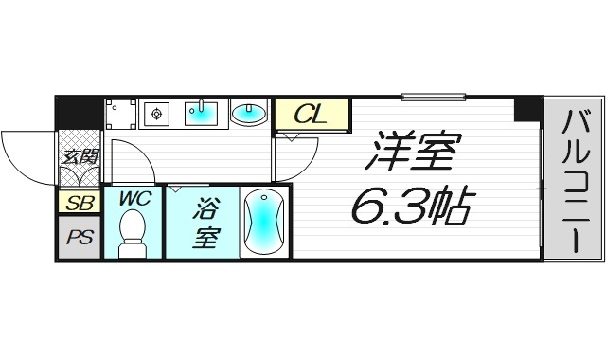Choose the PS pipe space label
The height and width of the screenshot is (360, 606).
tap(79, 237)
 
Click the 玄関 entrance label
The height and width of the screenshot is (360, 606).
tap(78, 157)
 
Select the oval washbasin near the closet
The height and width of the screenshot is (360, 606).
tap(249, 114)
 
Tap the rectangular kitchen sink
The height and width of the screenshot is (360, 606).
tap(201, 113)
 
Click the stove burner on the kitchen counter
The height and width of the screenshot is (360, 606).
tap(156, 114)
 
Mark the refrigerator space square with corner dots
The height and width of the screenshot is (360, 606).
tap(120, 115)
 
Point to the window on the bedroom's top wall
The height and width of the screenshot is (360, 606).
tap(433, 96)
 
